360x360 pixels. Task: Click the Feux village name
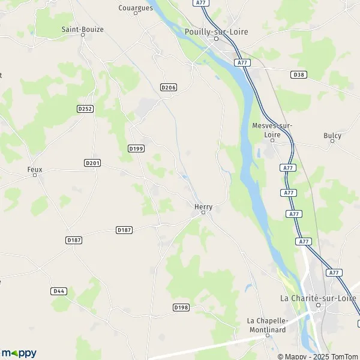click(x=35, y=169)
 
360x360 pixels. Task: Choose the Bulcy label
click(x=332, y=136)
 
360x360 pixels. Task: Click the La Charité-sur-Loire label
click(x=319, y=297)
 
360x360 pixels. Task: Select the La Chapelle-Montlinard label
click(x=268, y=324)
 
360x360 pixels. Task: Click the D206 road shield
click(x=169, y=88)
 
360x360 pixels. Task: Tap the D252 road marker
click(x=85, y=109)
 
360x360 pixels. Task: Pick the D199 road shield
click(x=136, y=148)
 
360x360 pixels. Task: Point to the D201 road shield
click(x=92, y=163)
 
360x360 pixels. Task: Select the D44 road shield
click(x=59, y=291)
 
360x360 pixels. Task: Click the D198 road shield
click(x=181, y=307)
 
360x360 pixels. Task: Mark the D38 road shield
click(x=298, y=74)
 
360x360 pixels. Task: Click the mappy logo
click(x=19, y=353)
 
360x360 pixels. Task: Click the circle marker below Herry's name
click(x=203, y=212)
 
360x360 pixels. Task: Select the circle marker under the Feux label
click(x=35, y=175)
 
